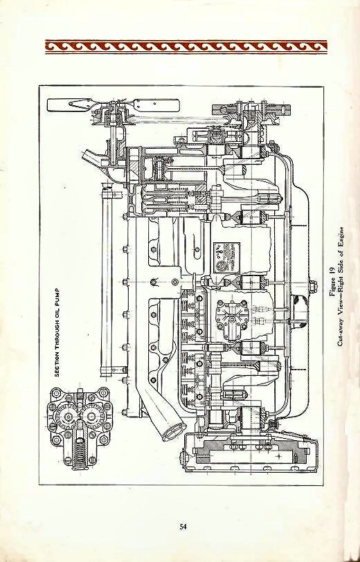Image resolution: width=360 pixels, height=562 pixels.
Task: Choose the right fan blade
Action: coord(156,107)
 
